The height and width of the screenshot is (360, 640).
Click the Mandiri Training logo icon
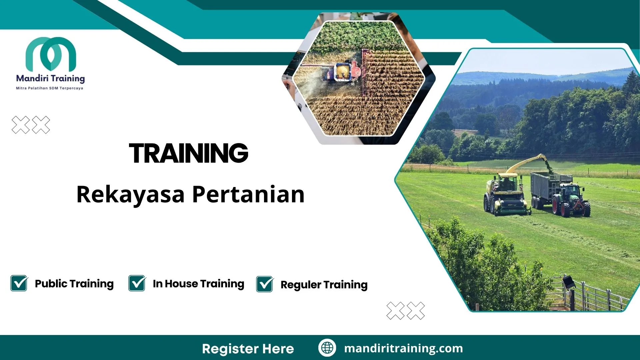(x=51, y=54)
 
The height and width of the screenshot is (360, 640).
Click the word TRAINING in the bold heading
(x=189, y=153)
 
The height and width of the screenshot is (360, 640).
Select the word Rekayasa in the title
(x=130, y=195)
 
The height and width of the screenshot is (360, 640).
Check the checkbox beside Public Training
(x=19, y=283)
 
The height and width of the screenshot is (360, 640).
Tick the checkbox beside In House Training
(x=137, y=283)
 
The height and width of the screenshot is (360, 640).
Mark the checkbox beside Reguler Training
(x=265, y=284)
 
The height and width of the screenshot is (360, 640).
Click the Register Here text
(x=248, y=349)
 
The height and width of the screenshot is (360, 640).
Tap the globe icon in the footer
(x=327, y=348)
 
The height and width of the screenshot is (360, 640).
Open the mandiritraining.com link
(x=403, y=348)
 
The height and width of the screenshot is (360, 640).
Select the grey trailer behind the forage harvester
(x=547, y=187)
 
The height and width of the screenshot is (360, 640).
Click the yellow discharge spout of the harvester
(x=530, y=162)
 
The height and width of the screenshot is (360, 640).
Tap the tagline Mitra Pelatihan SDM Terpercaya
(x=50, y=88)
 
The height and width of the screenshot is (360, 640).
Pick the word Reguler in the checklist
(x=301, y=285)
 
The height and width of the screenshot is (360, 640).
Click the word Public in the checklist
(x=51, y=284)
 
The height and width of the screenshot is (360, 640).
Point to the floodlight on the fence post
(x=569, y=282)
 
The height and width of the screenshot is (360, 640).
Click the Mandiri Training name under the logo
(x=50, y=78)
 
